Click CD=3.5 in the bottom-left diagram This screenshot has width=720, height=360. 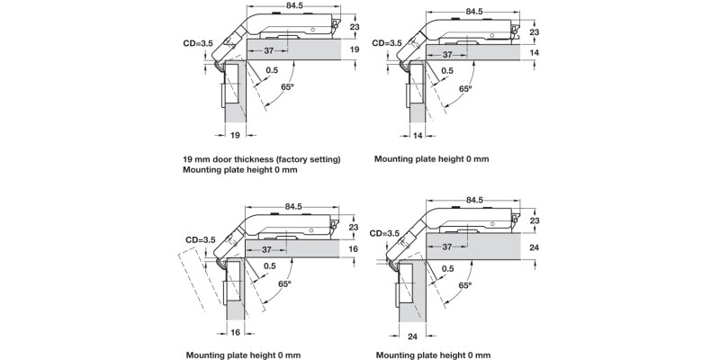coord(201,240)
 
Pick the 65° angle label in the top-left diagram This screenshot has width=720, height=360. coord(288,86)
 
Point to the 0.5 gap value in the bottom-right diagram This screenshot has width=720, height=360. coord(447,267)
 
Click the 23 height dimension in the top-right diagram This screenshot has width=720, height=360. coord(534,31)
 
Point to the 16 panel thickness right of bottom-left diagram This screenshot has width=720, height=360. coord(353,248)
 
